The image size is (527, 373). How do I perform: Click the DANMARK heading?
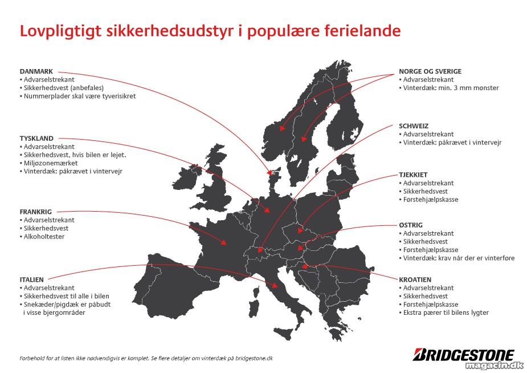tap(36, 71)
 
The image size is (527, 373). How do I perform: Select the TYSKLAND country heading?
tap(36, 138)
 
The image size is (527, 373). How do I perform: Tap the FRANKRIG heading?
tap(36, 212)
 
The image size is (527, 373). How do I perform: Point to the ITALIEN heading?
tap(31, 280)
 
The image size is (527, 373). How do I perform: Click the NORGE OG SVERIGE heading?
tap(430, 71)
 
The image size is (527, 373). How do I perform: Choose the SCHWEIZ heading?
tap(414, 126)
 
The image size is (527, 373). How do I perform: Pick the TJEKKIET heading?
tap(413, 175)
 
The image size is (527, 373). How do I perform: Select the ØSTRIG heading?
tap(411, 225)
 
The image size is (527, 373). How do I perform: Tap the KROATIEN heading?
tap(415, 280)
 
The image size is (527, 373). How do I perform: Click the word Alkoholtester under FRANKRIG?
tap(44, 237)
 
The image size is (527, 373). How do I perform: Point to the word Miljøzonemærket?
tap(51, 163)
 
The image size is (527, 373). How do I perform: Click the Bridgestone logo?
tap(464, 355)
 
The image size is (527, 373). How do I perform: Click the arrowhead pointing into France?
tap(223, 242)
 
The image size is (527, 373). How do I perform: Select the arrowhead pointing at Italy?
tap(275, 286)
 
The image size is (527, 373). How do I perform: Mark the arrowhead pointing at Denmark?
tap(269, 173)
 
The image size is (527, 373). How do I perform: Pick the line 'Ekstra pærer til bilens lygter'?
tap(446, 313)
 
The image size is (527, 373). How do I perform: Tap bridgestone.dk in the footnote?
tap(254, 359)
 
